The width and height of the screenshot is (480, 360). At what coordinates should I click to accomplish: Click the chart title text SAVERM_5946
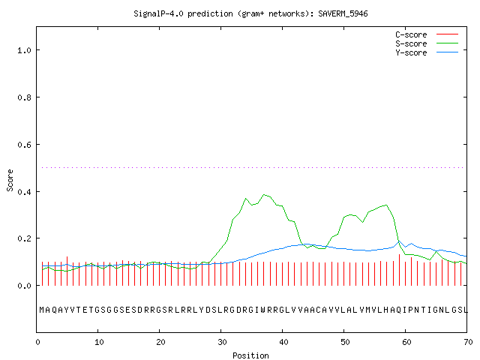coord(343,13)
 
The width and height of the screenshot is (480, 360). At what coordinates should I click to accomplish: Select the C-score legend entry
coord(427,34)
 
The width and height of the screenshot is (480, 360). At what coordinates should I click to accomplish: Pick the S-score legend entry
coord(427,43)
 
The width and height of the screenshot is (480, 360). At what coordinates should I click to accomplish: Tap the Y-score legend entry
coord(427,52)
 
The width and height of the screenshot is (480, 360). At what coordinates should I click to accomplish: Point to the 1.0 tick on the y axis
coord(24,50)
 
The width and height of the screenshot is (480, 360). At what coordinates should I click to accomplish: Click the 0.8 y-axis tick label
coord(24,97)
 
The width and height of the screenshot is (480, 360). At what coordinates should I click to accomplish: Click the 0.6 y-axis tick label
coord(24,145)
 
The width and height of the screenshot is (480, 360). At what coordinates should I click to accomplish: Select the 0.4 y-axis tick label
coord(24,192)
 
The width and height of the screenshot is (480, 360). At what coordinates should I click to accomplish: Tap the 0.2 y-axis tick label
coord(24,238)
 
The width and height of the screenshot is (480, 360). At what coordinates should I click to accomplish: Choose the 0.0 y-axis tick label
coord(24,286)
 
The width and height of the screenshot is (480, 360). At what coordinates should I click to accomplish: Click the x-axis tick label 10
coord(99,342)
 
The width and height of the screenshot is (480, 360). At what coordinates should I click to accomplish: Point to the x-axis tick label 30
coord(222,342)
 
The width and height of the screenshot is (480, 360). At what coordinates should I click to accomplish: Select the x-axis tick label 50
coord(345,342)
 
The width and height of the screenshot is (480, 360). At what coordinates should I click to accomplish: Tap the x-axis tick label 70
coord(468,342)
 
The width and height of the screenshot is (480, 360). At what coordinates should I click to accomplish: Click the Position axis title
coord(250,355)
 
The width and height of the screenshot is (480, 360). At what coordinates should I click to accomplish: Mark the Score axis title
coord(10,180)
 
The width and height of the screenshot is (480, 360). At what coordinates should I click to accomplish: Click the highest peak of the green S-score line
coord(264,194)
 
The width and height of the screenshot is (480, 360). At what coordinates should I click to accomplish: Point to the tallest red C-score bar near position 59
coord(399,270)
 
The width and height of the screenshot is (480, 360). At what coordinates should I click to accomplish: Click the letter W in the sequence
coord(262,310)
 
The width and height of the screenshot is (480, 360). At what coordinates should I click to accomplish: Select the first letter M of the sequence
coord(42,310)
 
